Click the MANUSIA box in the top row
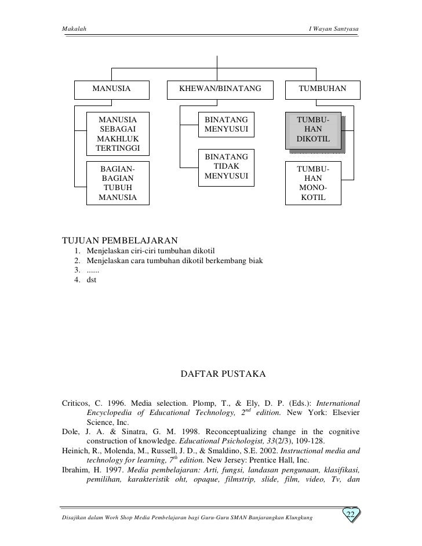(x=111, y=89)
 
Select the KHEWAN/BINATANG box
(x=220, y=89)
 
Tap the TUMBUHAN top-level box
(x=322, y=89)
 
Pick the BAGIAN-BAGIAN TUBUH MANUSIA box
(x=118, y=183)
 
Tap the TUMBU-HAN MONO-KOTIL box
(x=313, y=183)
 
